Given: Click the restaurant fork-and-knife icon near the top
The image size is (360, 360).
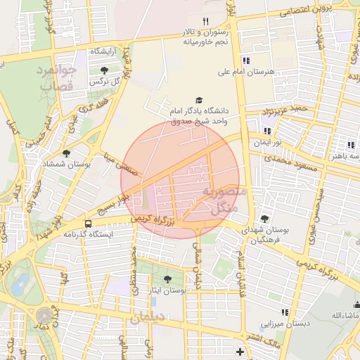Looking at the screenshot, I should (206, 22).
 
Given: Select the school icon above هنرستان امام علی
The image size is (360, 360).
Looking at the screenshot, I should (246, 60).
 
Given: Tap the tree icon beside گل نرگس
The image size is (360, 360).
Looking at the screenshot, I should (105, 70).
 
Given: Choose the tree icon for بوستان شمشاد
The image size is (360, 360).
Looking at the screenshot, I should (67, 153).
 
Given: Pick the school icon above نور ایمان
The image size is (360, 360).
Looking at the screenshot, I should (266, 131).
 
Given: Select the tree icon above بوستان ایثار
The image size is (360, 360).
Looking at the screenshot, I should (167, 279).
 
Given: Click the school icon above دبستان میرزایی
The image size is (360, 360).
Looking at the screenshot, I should (285, 312).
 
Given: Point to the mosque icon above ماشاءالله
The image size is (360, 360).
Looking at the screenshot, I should (356, 304).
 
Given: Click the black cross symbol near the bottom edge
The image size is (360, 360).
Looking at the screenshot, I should (240, 351).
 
